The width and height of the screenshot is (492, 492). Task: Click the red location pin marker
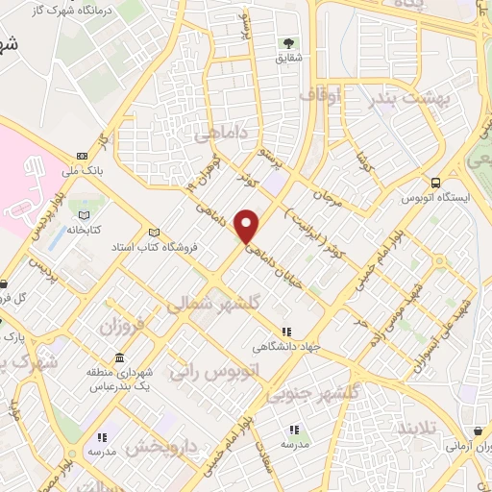pos(248,226)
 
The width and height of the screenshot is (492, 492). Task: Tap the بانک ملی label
pos(82,171)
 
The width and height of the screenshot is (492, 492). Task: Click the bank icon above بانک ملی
pos(82,156)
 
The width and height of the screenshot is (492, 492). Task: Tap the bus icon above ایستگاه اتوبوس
pos(436,183)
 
